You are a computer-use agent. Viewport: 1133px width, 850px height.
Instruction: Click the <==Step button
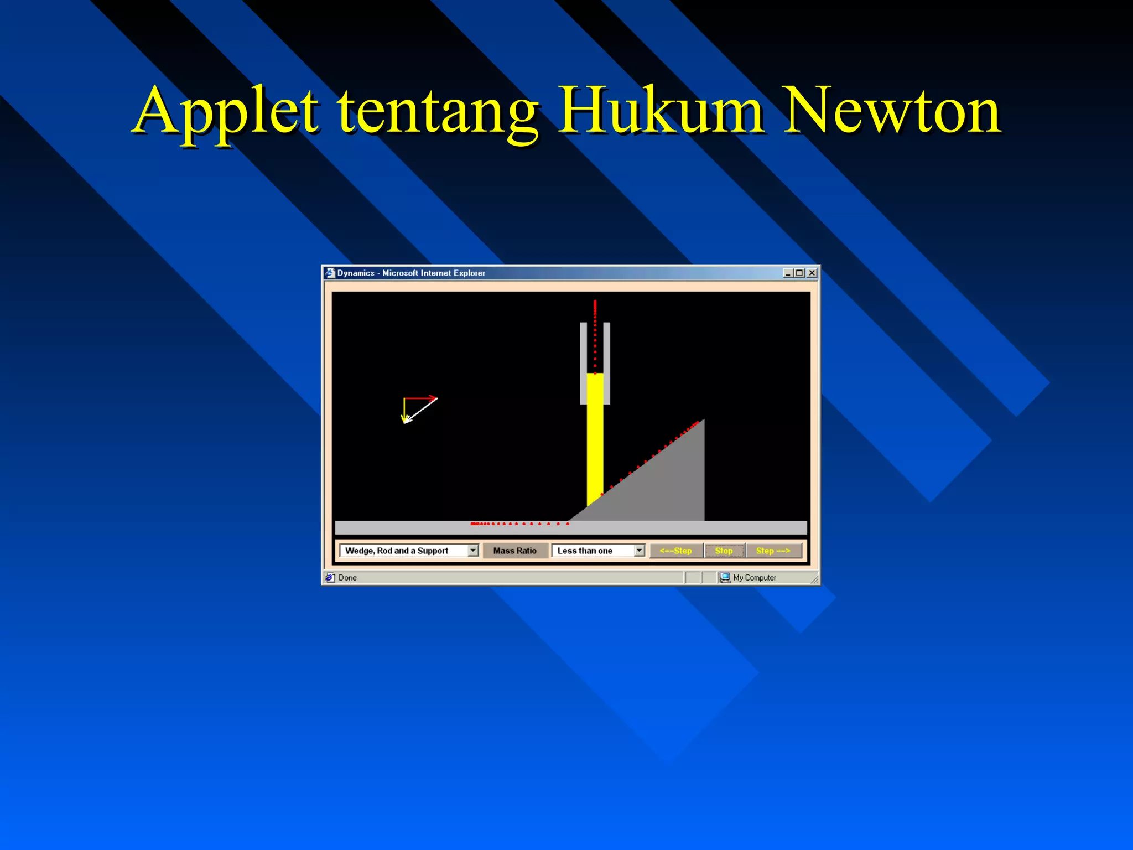[675, 551]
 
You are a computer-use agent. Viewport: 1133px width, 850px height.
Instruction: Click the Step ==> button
[773, 551]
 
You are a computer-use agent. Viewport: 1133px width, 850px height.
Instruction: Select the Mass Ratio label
[514, 551]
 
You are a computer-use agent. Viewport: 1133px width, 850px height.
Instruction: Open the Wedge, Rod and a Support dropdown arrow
[473, 551]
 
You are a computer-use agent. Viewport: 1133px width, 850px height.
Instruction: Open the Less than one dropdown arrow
[639, 551]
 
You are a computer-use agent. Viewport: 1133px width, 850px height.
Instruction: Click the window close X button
[812, 273]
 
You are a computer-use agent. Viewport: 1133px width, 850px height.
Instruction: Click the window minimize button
[788, 273]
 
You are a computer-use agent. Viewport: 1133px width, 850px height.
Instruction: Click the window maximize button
[799, 273]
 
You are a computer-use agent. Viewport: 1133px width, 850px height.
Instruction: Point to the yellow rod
[595, 443]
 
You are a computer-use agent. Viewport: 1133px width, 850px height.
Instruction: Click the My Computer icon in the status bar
[725, 578]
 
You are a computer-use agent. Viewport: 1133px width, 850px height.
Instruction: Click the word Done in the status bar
[347, 578]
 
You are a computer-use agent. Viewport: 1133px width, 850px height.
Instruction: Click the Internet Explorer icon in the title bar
[330, 273]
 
